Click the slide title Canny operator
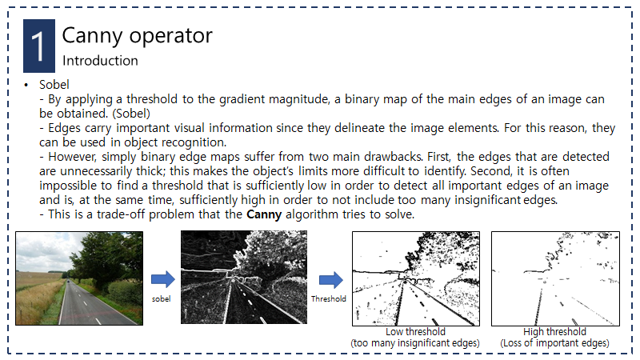[137, 35]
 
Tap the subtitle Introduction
[100, 61]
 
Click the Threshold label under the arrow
[329, 298]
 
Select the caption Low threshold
[415, 331]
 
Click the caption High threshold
[554, 331]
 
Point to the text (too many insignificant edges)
[415, 343]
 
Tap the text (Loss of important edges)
[554, 343]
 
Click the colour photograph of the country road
[79, 278]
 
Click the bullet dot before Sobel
[26, 85]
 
